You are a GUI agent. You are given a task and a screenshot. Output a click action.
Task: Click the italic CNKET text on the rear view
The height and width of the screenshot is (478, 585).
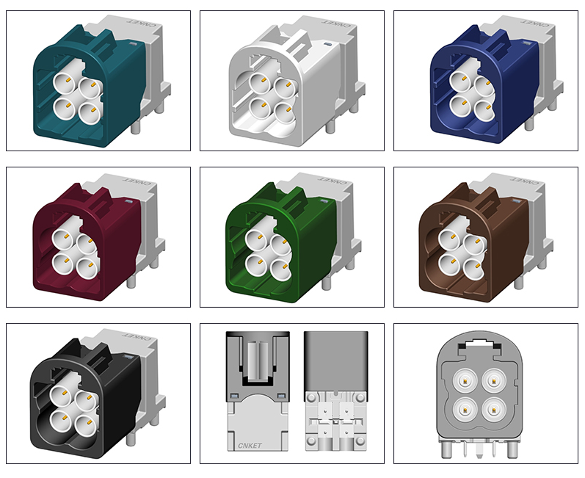tap(250, 446)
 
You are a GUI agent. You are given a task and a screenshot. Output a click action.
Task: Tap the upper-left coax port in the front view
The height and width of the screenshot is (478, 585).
tap(465, 381)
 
